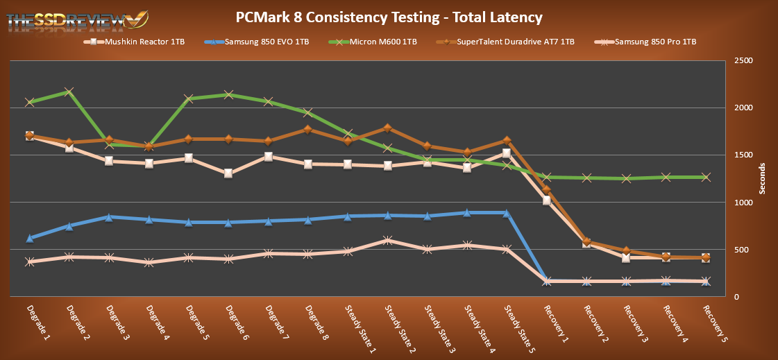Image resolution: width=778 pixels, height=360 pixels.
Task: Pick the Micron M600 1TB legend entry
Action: pyautogui.click(x=378, y=42)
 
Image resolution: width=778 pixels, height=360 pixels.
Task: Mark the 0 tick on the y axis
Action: pyautogui.click(x=737, y=297)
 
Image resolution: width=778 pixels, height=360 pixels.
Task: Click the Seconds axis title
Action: pyautogui.click(x=762, y=179)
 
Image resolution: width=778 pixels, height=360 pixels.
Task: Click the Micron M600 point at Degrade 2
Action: pyautogui.click(x=69, y=92)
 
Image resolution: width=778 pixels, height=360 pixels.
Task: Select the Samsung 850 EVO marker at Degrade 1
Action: pyautogui.click(x=29, y=238)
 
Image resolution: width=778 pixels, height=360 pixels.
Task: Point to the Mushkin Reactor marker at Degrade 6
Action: pyautogui.click(x=228, y=173)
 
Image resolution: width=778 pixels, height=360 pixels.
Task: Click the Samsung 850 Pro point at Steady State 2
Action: pyautogui.click(x=387, y=241)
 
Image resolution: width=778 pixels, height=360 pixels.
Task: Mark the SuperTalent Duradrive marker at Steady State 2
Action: pyautogui.click(x=387, y=128)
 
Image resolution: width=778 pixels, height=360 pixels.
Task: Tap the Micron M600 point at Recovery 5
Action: pyautogui.click(x=706, y=178)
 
